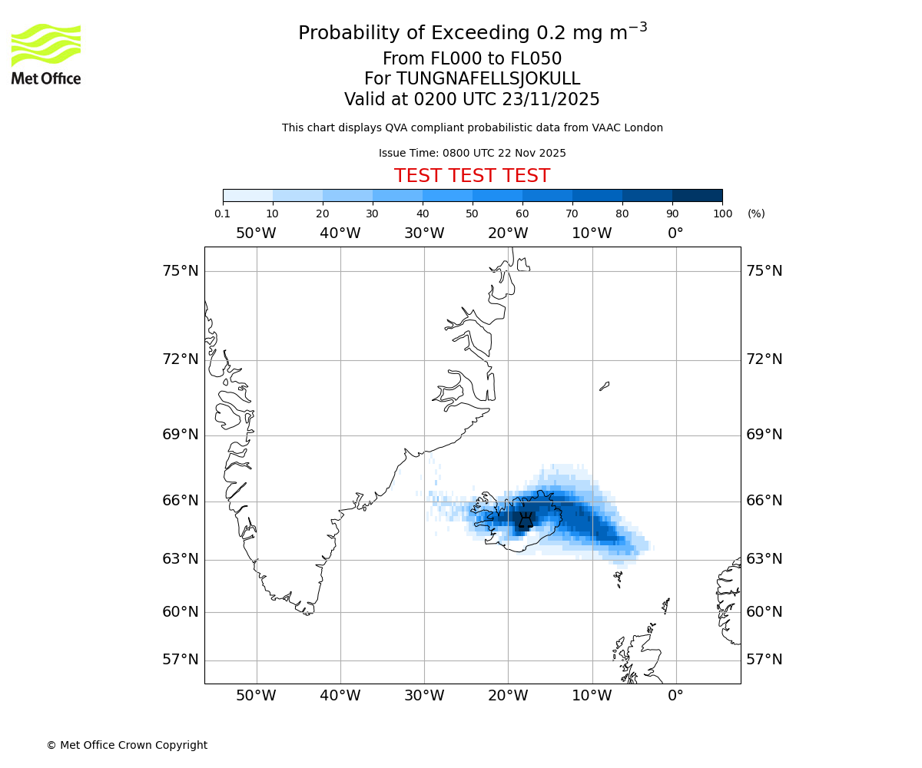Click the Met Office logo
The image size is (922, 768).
tap(46, 54)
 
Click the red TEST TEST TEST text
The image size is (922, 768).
tap(472, 176)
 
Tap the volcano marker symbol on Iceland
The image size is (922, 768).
tap(526, 521)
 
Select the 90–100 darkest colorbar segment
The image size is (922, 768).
tap(697, 196)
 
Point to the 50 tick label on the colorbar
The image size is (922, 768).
tap(472, 214)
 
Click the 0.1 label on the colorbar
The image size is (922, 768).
tap(223, 214)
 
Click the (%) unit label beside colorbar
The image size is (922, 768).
tap(756, 214)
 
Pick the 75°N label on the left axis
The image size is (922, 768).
tap(180, 271)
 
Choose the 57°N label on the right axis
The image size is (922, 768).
tap(764, 660)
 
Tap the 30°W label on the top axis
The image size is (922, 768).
tap(424, 233)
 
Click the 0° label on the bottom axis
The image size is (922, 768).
tap(675, 696)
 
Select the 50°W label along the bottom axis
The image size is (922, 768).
tap(256, 696)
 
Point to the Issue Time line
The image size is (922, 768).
tap(472, 154)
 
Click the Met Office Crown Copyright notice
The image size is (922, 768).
tap(127, 745)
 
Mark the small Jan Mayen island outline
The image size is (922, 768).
tap(604, 386)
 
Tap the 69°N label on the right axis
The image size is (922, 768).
tap(764, 435)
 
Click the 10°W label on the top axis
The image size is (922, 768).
tap(592, 233)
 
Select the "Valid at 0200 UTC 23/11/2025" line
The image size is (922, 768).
tap(472, 100)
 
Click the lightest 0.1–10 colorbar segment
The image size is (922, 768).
tap(247, 196)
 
